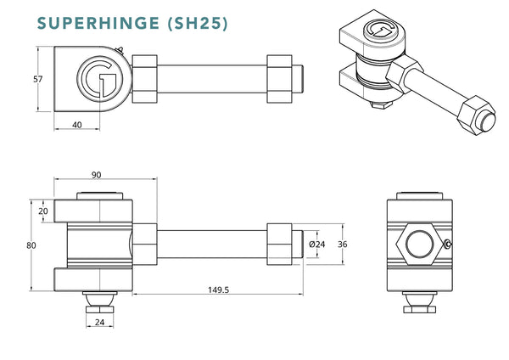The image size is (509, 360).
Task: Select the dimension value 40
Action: [78, 124]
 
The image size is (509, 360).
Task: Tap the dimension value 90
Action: [96, 175]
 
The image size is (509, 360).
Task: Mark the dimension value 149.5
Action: [218, 290]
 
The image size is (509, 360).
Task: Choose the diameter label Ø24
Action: [317, 245]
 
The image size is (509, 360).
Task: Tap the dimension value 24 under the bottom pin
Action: [100, 323]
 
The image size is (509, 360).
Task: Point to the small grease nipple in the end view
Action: [449, 246]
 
